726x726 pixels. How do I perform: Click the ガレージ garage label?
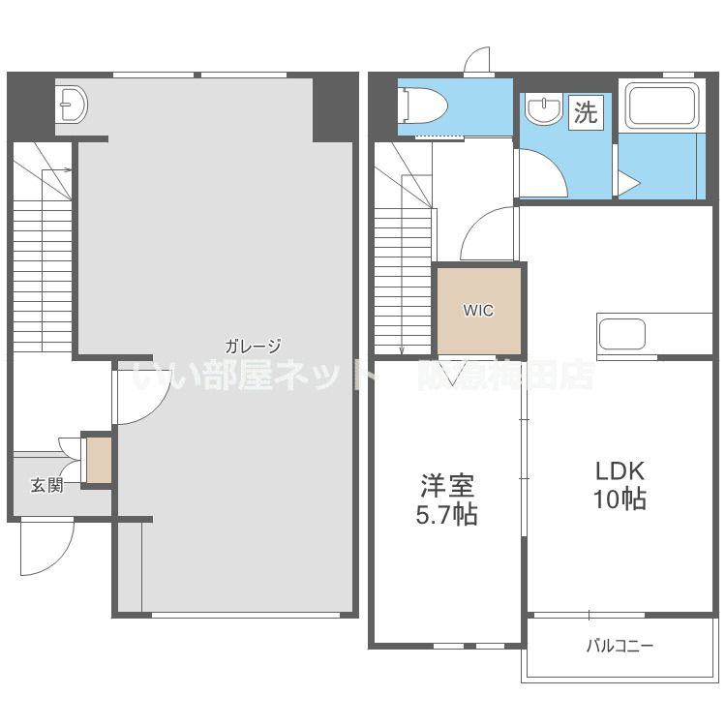point(253,346)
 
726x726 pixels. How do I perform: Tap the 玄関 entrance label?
point(46,485)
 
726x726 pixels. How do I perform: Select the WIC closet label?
point(478,310)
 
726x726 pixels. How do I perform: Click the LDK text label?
point(620,470)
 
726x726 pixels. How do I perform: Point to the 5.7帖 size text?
point(446,514)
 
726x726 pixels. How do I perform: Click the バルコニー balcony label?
point(620,645)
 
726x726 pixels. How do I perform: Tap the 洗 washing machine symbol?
point(586,111)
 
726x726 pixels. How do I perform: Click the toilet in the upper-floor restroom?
point(423,106)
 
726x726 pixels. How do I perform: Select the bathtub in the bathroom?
point(662,106)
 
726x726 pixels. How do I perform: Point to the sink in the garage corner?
point(72,106)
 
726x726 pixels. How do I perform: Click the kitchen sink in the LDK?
point(621,334)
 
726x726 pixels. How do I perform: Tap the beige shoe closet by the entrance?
point(99,460)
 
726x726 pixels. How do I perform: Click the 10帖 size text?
point(620,499)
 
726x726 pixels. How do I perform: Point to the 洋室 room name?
point(446,485)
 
